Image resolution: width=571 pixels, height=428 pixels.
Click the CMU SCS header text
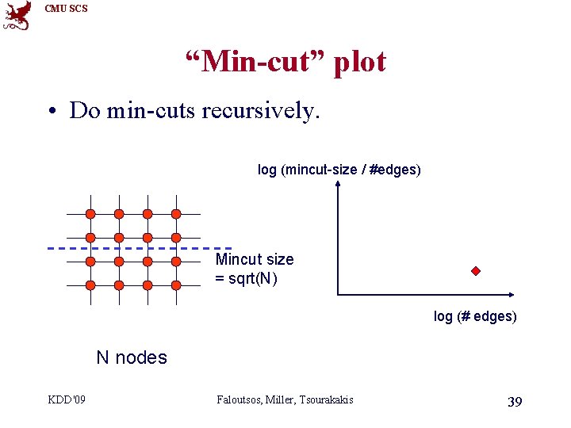(66, 9)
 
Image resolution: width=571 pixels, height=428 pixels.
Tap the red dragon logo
(17, 15)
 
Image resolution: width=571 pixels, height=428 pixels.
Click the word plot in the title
(358, 61)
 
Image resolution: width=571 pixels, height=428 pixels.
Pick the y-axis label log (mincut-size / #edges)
(339, 169)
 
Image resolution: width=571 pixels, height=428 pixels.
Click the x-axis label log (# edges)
(474, 316)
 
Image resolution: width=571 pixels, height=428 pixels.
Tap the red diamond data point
(476, 271)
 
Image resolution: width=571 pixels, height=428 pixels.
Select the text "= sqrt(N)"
(247, 278)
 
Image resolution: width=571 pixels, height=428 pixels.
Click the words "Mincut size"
(255, 259)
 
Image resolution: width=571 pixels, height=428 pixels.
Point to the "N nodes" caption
(132, 357)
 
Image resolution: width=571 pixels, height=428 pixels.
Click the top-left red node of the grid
(90, 214)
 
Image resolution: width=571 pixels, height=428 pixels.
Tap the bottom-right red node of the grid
(176, 285)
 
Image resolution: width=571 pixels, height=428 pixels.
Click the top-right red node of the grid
(176, 214)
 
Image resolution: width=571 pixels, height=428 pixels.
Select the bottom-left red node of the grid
(90, 285)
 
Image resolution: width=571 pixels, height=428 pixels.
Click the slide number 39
(514, 402)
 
